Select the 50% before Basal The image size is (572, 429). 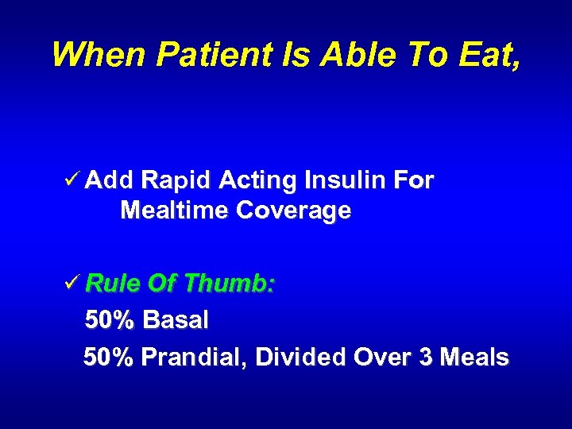pyautogui.click(x=110, y=320)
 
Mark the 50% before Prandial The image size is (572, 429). pyautogui.click(x=110, y=357)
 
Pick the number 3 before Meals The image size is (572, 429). pyautogui.click(x=426, y=357)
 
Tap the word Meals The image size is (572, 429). pyautogui.click(x=474, y=357)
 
